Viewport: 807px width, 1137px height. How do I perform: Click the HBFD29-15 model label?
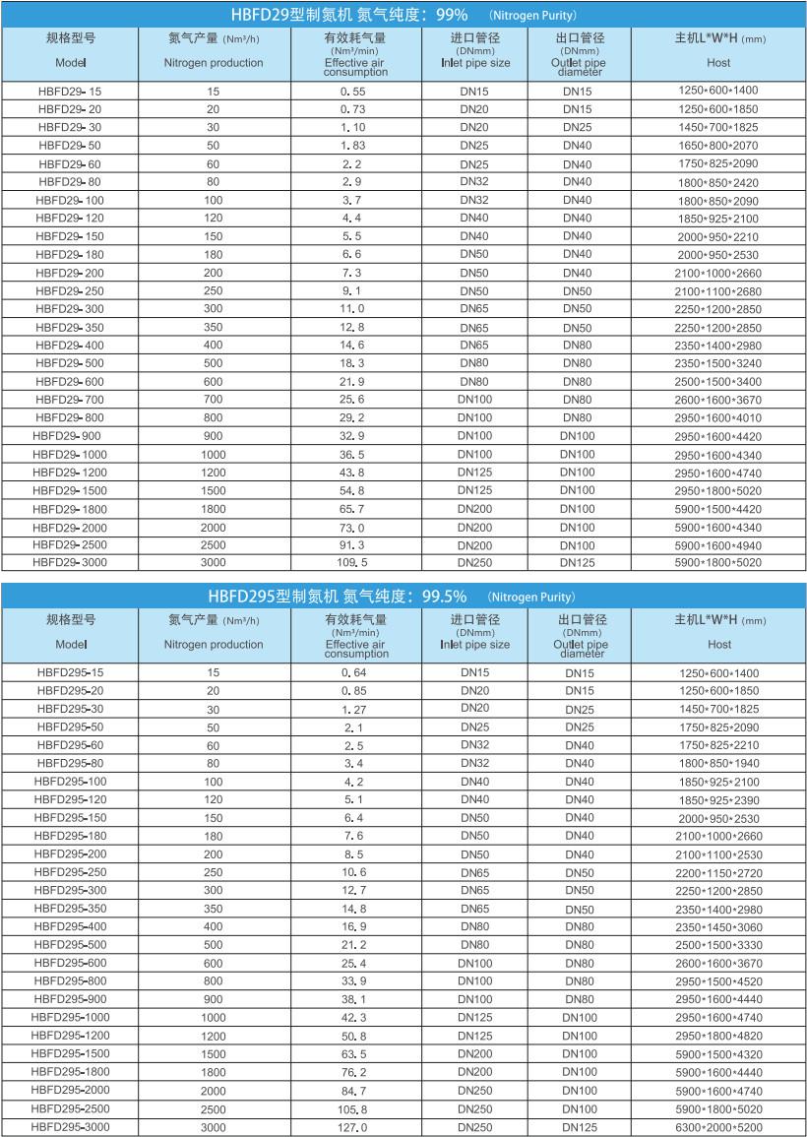pyautogui.click(x=70, y=91)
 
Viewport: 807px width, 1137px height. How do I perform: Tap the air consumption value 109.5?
pyautogui.click(x=352, y=562)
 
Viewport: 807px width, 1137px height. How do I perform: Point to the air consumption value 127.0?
pyautogui.click(x=352, y=1126)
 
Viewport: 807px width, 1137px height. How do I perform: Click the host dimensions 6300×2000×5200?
pyautogui.click(x=718, y=1126)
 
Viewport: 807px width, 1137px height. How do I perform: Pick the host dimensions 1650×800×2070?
pyautogui.click(x=718, y=145)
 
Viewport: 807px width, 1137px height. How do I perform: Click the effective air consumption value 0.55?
pyautogui.click(x=352, y=91)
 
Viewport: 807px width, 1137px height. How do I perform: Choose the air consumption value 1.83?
pyautogui.click(x=352, y=145)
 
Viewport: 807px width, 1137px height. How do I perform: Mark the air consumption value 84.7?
pyautogui.click(x=352, y=1091)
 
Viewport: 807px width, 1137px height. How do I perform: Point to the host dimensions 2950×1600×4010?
pyautogui.click(x=718, y=417)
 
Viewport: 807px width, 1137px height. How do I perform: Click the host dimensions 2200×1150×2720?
pyautogui.click(x=718, y=872)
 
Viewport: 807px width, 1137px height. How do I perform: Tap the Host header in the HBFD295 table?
pyautogui.click(x=719, y=644)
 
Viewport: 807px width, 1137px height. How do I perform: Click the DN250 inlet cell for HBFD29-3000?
pyautogui.click(x=474, y=562)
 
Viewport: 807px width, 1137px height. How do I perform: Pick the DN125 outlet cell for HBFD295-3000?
pyautogui.click(x=578, y=1126)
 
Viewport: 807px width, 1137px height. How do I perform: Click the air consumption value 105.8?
pyautogui.click(x=352, y=1108)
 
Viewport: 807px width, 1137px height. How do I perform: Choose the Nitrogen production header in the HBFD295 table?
pyautogui.click(x=214, y=644)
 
